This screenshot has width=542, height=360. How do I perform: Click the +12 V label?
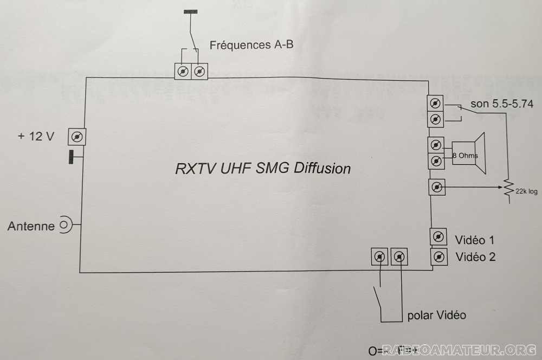point(36,137)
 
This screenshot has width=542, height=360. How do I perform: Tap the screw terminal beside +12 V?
point(77,137)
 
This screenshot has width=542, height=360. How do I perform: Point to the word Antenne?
point(31,226)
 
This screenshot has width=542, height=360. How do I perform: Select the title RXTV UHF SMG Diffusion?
point(263,168)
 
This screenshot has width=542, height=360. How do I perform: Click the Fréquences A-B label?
point(251,46)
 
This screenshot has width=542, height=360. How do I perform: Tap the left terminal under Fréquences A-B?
point(183,72)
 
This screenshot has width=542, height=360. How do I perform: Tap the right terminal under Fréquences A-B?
point(200,72)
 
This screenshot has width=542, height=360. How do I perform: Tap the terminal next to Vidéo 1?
point(438,237)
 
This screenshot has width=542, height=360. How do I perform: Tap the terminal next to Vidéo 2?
point(440,256)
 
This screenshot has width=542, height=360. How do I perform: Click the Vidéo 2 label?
point(475,257)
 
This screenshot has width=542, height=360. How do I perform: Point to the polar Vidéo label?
point(436,315)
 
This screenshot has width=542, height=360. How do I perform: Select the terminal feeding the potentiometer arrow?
point(437,188)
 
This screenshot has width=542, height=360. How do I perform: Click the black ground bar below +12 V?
point(71,157)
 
